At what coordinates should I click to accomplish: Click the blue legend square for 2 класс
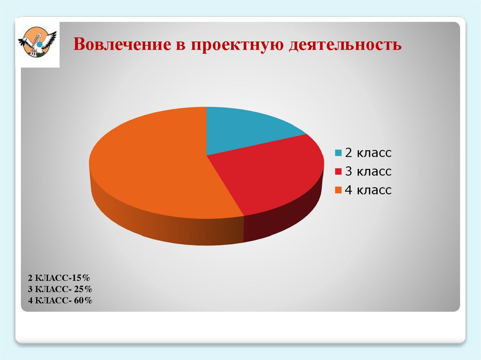tap(338, 153)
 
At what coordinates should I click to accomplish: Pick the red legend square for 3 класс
tap(338, 172)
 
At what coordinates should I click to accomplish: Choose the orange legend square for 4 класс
tap(338, 191)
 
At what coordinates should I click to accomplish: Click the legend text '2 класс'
tap(368, 153)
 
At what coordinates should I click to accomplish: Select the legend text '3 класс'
tap(368, 172)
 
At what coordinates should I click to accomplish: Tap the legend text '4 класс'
tap(368, 191)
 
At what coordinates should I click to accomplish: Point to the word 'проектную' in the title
tap(237, 46)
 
